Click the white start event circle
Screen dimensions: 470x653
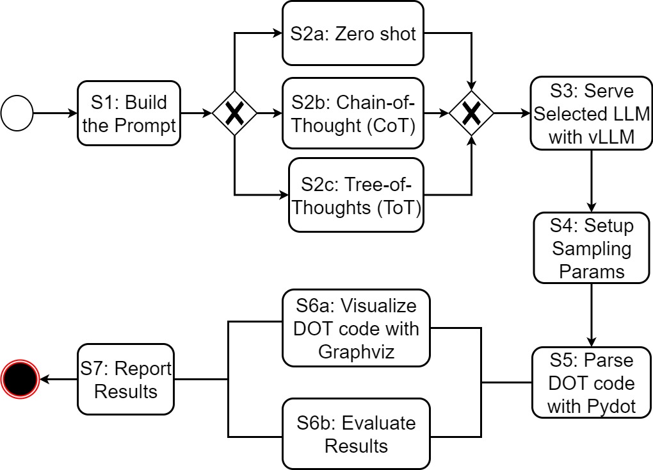tap(17, 113)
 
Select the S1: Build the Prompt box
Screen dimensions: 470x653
tap(129, 113)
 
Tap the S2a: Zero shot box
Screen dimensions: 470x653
tap(353, 33)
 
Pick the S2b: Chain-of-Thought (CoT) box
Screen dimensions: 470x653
tap(353, 113)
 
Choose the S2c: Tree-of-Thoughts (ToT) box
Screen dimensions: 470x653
tap(356, 195)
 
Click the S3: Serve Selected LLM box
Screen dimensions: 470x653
tap(591, 113)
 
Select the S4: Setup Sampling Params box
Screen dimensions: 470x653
tap(591, 248)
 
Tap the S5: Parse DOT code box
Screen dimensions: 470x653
tap(591, 383)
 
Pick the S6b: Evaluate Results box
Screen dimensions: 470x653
tap(356, 434)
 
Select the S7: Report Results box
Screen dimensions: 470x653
tap(125, 379)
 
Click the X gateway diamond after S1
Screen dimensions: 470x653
tap(234, 113)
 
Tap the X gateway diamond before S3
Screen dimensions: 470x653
tap(471, 113)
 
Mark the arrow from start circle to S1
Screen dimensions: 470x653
tap(56, 113)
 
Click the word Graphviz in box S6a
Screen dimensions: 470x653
tap(355, 351)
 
